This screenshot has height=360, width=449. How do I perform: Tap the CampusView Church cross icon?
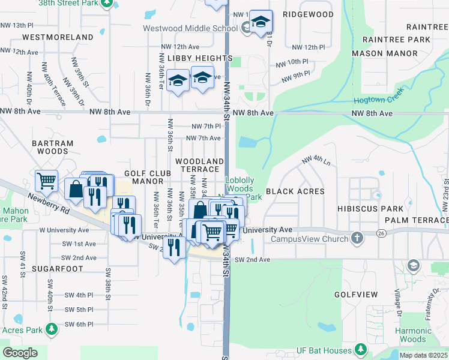pos(357,238)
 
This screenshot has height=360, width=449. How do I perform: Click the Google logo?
pos(20,352)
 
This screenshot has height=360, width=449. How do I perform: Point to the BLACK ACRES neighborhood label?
pos(295,191)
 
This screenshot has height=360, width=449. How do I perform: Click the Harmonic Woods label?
pos(414,335)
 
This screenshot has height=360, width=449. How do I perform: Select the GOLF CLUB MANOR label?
pos(144,177)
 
